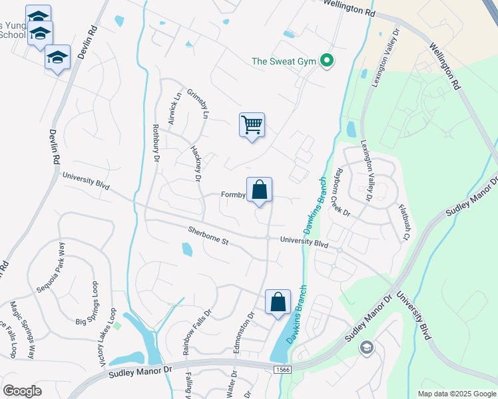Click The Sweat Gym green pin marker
(326, 61)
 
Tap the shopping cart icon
(252, 125)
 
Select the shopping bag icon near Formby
(259, 190)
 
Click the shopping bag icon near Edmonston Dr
(278, 302)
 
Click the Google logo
(22, 390)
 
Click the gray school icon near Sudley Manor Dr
(366, 348)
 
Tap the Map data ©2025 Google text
(456, 394)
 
